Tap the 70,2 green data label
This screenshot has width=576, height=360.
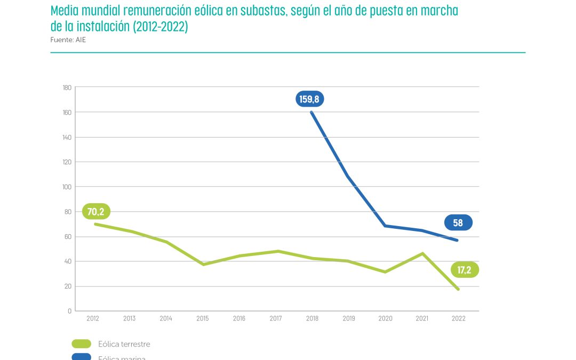point(96,212)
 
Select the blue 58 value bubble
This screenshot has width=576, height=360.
point(458,223)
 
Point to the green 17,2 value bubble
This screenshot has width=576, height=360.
point(465,270)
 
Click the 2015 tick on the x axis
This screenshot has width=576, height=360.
point(202,318)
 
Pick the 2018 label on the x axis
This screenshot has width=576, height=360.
point(312,318)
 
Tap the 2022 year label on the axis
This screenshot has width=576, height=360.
point(458,318)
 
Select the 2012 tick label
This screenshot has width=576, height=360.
point(92,318)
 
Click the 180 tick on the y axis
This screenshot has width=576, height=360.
point(67,87)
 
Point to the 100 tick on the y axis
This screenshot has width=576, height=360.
point(67,187)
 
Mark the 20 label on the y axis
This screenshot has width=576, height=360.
point(68,286)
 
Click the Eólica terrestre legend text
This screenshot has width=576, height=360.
point(124,344)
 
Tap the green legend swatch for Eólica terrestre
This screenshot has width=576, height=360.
point(81,344)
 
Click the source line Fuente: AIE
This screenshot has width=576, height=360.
point(68,39)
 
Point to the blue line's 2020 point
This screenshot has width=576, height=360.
point(385,226)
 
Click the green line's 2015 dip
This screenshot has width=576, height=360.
point(203,265)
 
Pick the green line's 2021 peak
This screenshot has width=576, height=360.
point(422,253)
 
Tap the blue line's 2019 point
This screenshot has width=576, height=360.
point(348,176)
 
